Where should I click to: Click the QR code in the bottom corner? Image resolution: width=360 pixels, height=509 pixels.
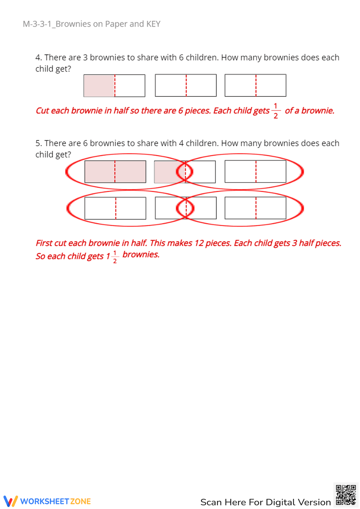[x=346, y=495]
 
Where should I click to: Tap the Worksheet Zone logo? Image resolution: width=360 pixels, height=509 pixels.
[x=47, y=501]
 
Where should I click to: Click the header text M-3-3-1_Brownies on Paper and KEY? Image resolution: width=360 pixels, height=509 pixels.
[x=91, y=24]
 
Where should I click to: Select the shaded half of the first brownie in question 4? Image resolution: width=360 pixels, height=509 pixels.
[x=99, y=86]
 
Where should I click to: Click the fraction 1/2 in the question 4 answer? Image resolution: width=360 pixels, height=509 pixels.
[x=275, y=111]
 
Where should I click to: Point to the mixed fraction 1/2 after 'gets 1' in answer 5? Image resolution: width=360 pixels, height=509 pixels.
[x=115, y=257]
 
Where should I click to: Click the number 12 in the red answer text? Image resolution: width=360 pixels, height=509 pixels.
[x=199, y=243]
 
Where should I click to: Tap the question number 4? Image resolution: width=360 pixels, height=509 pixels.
[x=39, y=58]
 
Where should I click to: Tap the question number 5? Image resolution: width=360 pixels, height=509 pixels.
[x=39, y=143]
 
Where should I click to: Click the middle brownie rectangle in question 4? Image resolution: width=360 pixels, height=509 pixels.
[x=186, y=86]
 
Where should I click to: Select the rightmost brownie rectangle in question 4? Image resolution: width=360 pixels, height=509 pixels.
[x=255, y=86]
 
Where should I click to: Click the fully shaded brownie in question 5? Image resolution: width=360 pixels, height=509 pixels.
[x=115, y=172]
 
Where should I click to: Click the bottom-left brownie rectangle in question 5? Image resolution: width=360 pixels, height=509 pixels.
[x=115, y=208]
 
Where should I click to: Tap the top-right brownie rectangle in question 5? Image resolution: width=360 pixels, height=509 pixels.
[x=255, y=172]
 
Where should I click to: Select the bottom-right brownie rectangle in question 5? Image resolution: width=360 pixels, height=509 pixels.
[x=255, y=208]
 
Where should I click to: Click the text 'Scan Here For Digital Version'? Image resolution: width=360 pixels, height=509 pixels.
[x=265, y=502]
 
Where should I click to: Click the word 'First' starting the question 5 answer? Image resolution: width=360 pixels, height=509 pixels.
[x=44, y=243]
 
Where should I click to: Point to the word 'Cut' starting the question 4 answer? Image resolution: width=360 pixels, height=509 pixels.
[x=42, y=111]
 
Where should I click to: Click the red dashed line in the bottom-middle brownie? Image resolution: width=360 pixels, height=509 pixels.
[x=186, y=208]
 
